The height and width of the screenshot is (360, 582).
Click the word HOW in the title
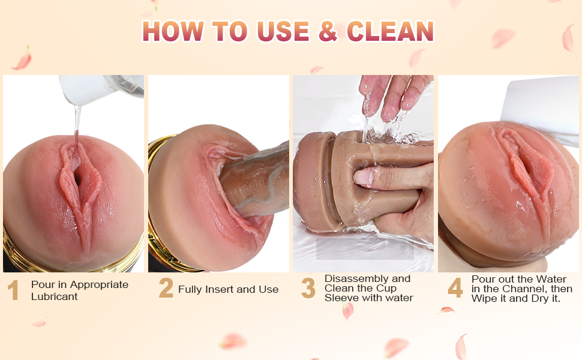coord(173,31)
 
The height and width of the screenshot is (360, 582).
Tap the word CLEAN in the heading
coord(390,31)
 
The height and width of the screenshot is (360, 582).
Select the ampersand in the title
coord(328,31)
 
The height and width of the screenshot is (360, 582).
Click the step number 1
coord(13,290)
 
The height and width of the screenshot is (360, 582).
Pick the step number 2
coord(166,288)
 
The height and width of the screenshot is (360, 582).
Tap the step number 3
coord(308,288)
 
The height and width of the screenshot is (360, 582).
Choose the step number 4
coord(455,288)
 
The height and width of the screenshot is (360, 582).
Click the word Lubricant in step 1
coord(54,296)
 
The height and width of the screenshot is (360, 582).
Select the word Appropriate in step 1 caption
coord(99,285)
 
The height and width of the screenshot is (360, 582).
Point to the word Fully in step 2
coord(189,290)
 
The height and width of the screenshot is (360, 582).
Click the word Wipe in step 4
coord(484,298)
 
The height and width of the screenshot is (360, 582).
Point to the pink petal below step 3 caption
coord(347,310)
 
